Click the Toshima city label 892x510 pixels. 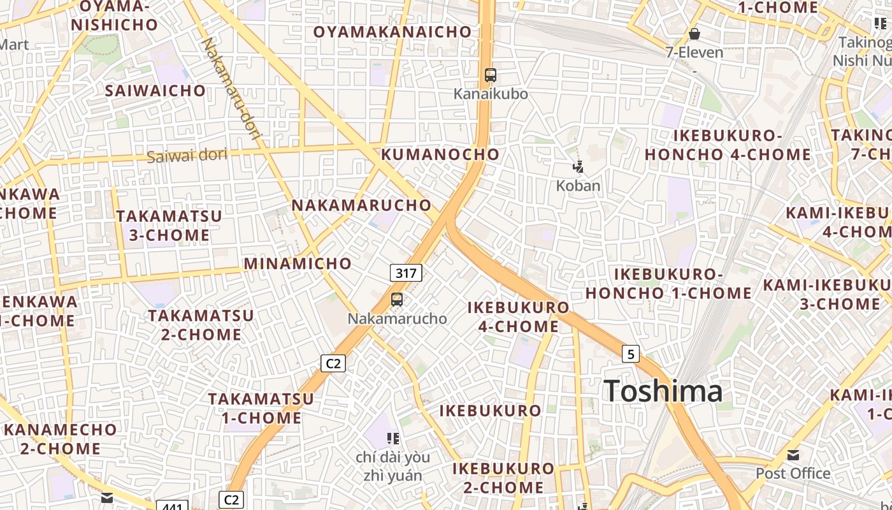(663, 391)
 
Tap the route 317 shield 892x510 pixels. (406, 273)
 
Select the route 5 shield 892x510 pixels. (630, 354)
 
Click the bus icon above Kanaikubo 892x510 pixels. (490, 75)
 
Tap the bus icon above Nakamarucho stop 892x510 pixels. (397, 299)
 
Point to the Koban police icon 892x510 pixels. (578, 168)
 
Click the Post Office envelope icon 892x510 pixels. (793, 455)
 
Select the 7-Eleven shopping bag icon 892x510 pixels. (694, 34)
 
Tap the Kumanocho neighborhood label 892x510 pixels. (440, 154)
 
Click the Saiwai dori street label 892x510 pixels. (187, 155)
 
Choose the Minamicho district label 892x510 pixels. (298, 263)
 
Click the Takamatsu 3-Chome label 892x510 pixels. (169, 226)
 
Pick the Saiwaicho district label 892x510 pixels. (155, 91)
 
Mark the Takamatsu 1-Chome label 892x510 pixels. (261, 409)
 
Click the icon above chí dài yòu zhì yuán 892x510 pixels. (393, 438)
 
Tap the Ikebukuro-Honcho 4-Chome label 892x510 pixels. (728, 145)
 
